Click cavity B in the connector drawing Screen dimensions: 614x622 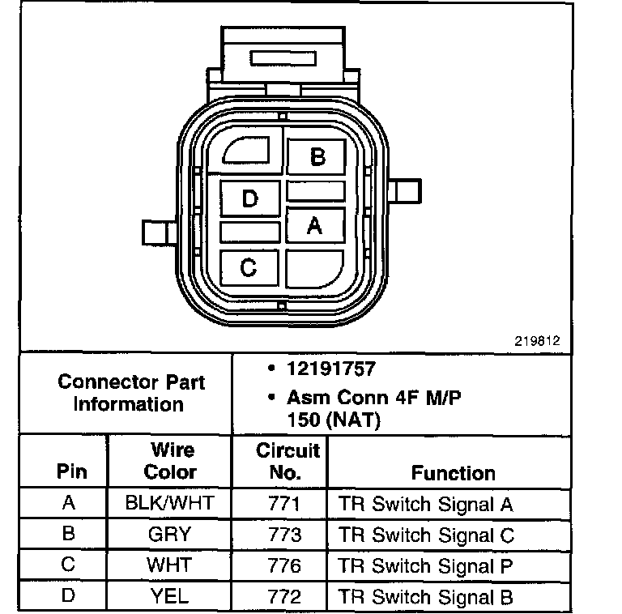[x=317, y=156]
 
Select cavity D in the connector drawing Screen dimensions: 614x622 [x=250, y=198]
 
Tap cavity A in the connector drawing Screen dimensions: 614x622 [x=315, y=225]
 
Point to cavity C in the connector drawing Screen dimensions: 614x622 [x=249, y=266]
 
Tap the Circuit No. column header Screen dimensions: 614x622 [x=288, y=461]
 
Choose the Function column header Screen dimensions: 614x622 [x=453, y=472]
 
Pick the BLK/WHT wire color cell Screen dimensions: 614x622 [x=170, y=503]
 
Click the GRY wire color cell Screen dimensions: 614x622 [x=170, y=534]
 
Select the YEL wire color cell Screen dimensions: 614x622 [x=170, y=596]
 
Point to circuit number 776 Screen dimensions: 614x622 [x=284, y=565]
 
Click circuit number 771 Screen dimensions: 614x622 [x=284, y=503]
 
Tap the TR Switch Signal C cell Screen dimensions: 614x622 [x=426, y=535]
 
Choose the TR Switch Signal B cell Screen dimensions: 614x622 [x=426, y=597]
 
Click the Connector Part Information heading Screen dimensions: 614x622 [x=130, y=392]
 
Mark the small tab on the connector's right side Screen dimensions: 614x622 [x=406, y=191]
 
